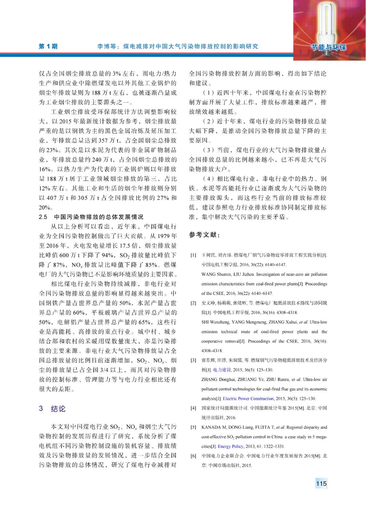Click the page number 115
click(x=321, y=483)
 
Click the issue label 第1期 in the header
click(x=48, y=46)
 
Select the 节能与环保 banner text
click(x=328, y=47)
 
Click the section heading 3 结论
click(x=52, y=409)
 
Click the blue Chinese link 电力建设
click(x=222, y=370)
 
